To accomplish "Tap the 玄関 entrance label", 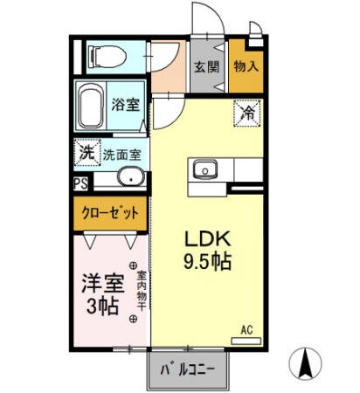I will point(205,66).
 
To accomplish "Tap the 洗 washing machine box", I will point(87,150).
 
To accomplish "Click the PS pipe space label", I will point(80,183).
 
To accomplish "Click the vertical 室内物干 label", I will point(140,292).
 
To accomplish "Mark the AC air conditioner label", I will point(246,329).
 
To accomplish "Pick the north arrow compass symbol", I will point(308,365).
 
